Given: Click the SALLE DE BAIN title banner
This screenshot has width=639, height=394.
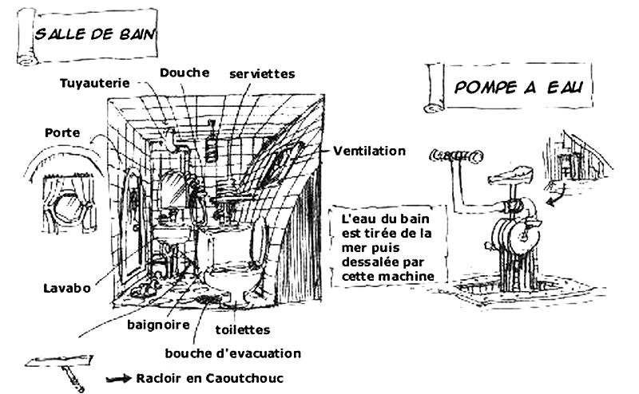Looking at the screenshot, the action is [x=88, y=36].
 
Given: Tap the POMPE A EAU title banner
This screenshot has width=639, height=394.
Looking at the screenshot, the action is [x=509, y=87].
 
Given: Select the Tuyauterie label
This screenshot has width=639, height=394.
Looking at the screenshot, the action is [x=94, y=83].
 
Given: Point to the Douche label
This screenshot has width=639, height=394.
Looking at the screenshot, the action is [x=185, y=73].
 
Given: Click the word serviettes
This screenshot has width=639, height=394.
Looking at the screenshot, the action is [x=262, y=73].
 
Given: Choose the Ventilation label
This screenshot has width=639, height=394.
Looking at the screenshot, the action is [x=370, y=151].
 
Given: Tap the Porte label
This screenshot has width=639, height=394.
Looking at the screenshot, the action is [x=62, y=132].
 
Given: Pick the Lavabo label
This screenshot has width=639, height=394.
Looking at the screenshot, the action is [x=67, y=288].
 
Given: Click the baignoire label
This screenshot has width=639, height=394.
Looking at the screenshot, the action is [x=158, y=325].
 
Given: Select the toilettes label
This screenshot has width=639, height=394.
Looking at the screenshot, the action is [x=243, y=329].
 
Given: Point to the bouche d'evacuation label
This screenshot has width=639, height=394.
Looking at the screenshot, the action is [x=233, y=353].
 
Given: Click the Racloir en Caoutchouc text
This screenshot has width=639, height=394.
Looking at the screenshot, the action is [x=209, y=378].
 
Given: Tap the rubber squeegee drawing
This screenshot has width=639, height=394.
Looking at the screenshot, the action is [x=62, y=368].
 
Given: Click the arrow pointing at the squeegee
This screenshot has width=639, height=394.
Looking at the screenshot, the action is [x=118, y=379].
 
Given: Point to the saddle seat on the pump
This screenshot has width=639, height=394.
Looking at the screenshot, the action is [x=510, y=175].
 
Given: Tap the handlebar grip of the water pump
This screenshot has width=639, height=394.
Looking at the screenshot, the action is [x=456, y=156].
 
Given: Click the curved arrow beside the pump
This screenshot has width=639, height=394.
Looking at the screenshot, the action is [x=557, y=195].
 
